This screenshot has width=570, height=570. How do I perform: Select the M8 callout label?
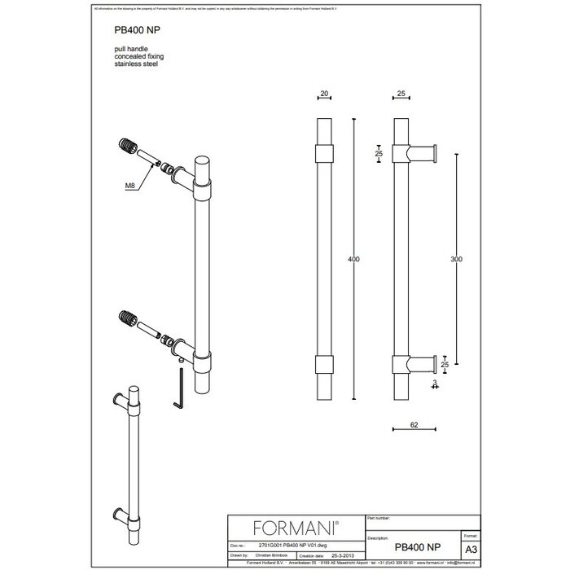pyautogui.click(x=130, y=187)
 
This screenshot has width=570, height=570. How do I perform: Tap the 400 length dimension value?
pyautogui.click(x=353, y=259)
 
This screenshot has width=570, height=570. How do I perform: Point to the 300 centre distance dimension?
pyautogui.click(x=455, y=259)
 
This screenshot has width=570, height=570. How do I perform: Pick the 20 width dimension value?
pyautogui.click(x=324, y=95)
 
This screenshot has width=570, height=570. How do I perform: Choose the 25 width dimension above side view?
pyautogui.click(x=401, y=95)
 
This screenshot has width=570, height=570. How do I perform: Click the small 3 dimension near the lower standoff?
pyautogui.click(x=436, y=381)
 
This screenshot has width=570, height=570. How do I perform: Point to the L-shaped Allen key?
pyautogui.click(x=181, y=396)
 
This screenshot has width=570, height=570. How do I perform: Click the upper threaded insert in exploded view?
pyautogui.click(x=127, y=149)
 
